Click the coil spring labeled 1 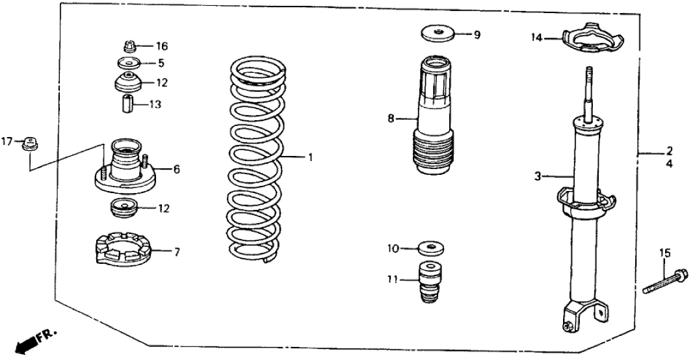coord(259,159)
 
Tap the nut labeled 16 coord(128,46)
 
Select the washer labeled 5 coord(128,64)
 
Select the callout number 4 coord(669,165)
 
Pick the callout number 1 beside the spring coord(311,157)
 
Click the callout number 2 coord(669,152)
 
